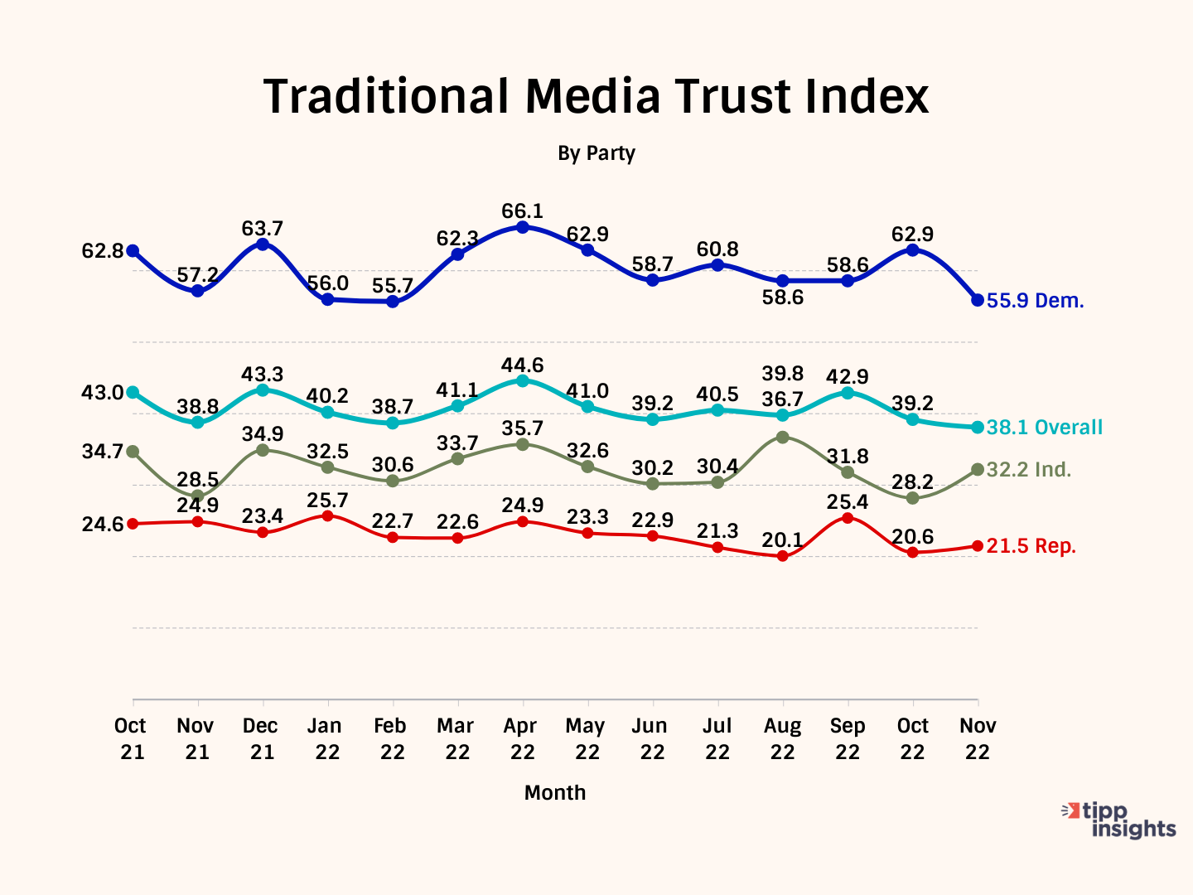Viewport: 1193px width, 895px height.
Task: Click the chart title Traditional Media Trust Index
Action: coord(596,96)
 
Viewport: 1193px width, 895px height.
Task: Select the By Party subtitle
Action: coord(596,153)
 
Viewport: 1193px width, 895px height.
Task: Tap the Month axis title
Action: coord(554,793)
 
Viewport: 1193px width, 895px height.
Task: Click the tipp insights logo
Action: coord(1119,820)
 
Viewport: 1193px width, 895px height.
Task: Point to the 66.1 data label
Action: coord(522,211)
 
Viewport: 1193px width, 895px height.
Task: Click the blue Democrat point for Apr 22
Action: coord(523,227)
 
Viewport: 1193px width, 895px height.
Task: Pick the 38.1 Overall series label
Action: coord(1044,428)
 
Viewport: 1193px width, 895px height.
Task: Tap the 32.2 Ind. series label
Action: coord(1028,470)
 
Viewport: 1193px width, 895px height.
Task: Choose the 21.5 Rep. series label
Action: coord(1031,546)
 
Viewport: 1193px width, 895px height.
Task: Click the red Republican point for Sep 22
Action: coord(848,518)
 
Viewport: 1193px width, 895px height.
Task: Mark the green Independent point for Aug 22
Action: coord(783,437)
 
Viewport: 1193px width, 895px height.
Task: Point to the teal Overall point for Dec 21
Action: coord(263,389)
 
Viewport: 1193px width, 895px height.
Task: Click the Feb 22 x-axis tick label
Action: coord(390,738)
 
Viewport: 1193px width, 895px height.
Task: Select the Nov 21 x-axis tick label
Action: coord(196,738)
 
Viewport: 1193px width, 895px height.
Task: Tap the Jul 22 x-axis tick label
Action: coord(717,738)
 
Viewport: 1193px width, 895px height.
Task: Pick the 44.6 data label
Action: coord(522,365)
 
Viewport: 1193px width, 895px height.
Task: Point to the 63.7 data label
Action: coord(263,228)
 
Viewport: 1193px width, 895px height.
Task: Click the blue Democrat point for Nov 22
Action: coord(978,300)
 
